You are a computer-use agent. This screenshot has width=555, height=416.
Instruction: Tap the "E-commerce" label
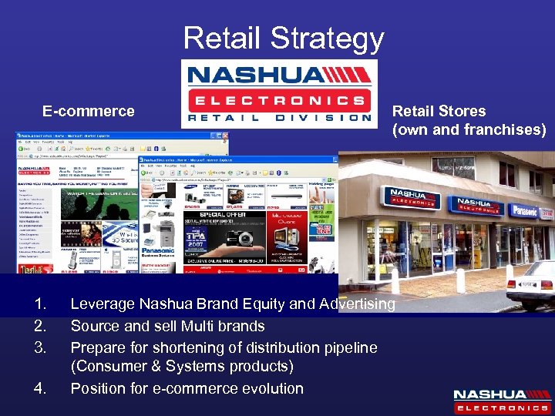coord(89,111)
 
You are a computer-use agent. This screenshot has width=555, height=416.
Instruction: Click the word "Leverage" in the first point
coord(103,304)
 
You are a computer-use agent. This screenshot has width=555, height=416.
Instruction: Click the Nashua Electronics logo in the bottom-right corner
coord(501,399)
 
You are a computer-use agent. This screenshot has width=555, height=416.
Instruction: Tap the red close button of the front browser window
coord(333,159)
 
